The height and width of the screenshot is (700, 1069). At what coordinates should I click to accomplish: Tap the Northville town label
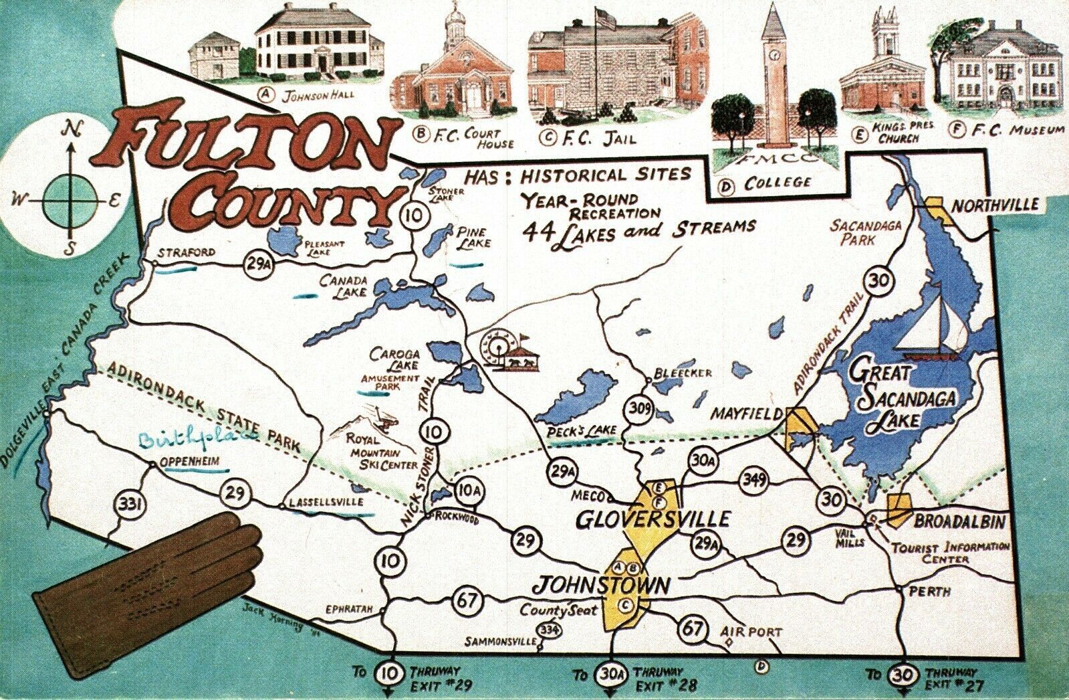coord(995,205)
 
